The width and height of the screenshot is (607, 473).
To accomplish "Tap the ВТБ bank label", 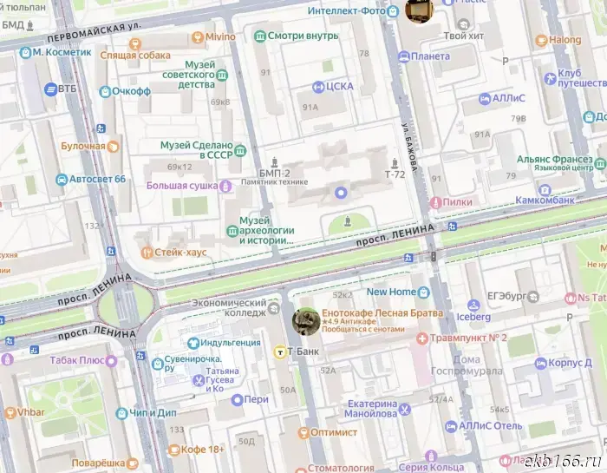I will point(69,89).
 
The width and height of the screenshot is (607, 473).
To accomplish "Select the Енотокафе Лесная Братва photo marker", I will point(305,320).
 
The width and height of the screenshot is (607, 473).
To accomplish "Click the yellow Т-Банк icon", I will point(279,351).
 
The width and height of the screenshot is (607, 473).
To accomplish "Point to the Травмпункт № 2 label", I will point(467,337).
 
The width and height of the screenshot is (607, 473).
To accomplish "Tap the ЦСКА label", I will point(341,87).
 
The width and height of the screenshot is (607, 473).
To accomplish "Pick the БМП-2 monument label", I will point(275,173).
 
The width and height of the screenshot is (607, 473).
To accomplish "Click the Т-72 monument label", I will point(395,174).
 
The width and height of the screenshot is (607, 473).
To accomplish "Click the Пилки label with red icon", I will point(456,201).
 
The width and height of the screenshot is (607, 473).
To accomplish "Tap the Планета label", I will point(430,56).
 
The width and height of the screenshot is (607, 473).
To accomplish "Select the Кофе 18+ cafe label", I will point(204,450).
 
